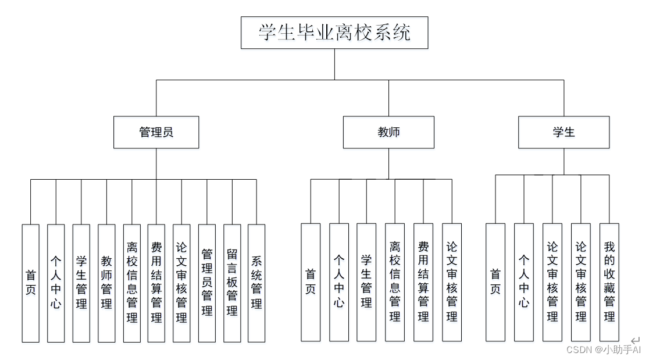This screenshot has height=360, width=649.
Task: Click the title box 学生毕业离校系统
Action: point(334,33)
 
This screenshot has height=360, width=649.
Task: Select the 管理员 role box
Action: point(156,132)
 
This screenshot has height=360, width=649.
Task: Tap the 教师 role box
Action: point(388,132)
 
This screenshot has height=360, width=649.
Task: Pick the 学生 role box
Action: point(564,132)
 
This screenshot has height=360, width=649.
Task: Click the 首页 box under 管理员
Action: point(31,283)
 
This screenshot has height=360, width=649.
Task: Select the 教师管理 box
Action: point(106,283)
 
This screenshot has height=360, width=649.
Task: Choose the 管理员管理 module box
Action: point(207,283)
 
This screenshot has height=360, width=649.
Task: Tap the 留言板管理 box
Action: point(232,283)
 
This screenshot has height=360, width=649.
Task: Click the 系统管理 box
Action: point(256,283)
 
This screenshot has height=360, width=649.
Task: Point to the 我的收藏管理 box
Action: point(609,282)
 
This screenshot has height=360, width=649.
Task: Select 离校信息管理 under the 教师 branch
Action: point(395,282)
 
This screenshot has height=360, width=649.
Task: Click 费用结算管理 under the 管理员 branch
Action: point(156,283)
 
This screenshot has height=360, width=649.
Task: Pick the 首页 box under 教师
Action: point(311,282)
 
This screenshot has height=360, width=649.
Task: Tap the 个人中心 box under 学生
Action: point(524,282)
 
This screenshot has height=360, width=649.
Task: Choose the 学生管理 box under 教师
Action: point(366,282)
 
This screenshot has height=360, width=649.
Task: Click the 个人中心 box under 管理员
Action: point(56,283)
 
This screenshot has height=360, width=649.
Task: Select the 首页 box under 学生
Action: point(495,282)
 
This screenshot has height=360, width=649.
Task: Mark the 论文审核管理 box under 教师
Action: point(452,282)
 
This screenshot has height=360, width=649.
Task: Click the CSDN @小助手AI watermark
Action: point(603,350)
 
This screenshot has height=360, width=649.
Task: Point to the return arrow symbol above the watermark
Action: point(635,340)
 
